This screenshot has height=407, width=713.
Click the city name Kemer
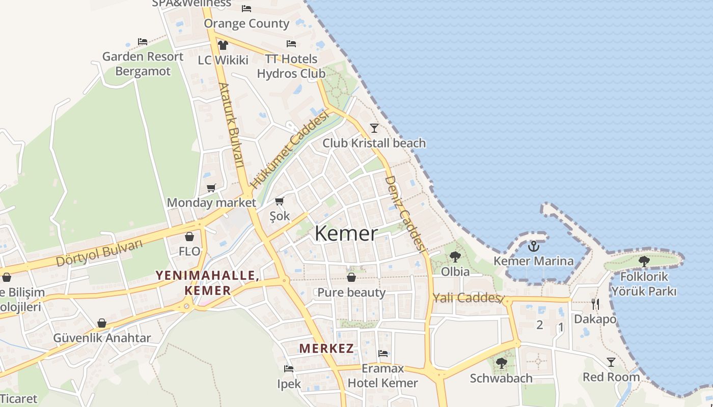tap(346, 234)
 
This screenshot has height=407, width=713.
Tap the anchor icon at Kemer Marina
tap(533, 247)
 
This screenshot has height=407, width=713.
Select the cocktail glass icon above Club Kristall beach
tap(374, 128)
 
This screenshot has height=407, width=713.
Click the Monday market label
tap(211, 202)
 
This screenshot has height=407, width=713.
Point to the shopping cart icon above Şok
tap(279, 201)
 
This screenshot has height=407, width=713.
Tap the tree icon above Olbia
tap(455, 256)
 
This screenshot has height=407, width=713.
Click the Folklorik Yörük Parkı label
tap(644, 284)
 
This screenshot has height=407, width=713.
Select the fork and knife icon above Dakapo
tap(595, 304)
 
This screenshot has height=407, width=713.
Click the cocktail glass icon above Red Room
tap(611, 362)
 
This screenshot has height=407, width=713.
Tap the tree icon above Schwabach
tap(502, 363)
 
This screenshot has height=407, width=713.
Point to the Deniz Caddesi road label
tap(405, 214)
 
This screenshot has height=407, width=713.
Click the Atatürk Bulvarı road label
tap(232, 125)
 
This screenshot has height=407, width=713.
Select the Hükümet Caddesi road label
tap(289, 151)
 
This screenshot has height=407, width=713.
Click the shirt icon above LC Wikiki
tap(223, 45)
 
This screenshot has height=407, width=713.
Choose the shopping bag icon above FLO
tap(189, 237)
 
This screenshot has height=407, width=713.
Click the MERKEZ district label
tap(326, 348)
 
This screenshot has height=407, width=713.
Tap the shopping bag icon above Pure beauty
tap(351, 277)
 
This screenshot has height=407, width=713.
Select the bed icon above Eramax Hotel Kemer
tap(383, 354)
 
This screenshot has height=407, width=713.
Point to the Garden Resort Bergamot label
tap(143, 64)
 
